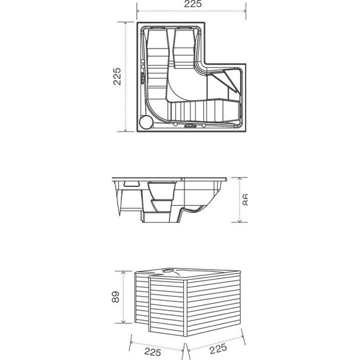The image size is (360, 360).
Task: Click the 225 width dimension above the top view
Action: tap(193, 5)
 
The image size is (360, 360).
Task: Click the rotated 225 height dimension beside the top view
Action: tap(117, 77)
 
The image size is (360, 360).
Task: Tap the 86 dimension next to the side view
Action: tap(247, 200)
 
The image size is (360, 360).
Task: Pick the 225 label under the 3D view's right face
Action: tap(217, 349)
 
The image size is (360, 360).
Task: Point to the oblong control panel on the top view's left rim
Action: tap(143, 77)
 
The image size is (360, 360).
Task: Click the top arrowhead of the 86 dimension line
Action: tap(239, 179)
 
